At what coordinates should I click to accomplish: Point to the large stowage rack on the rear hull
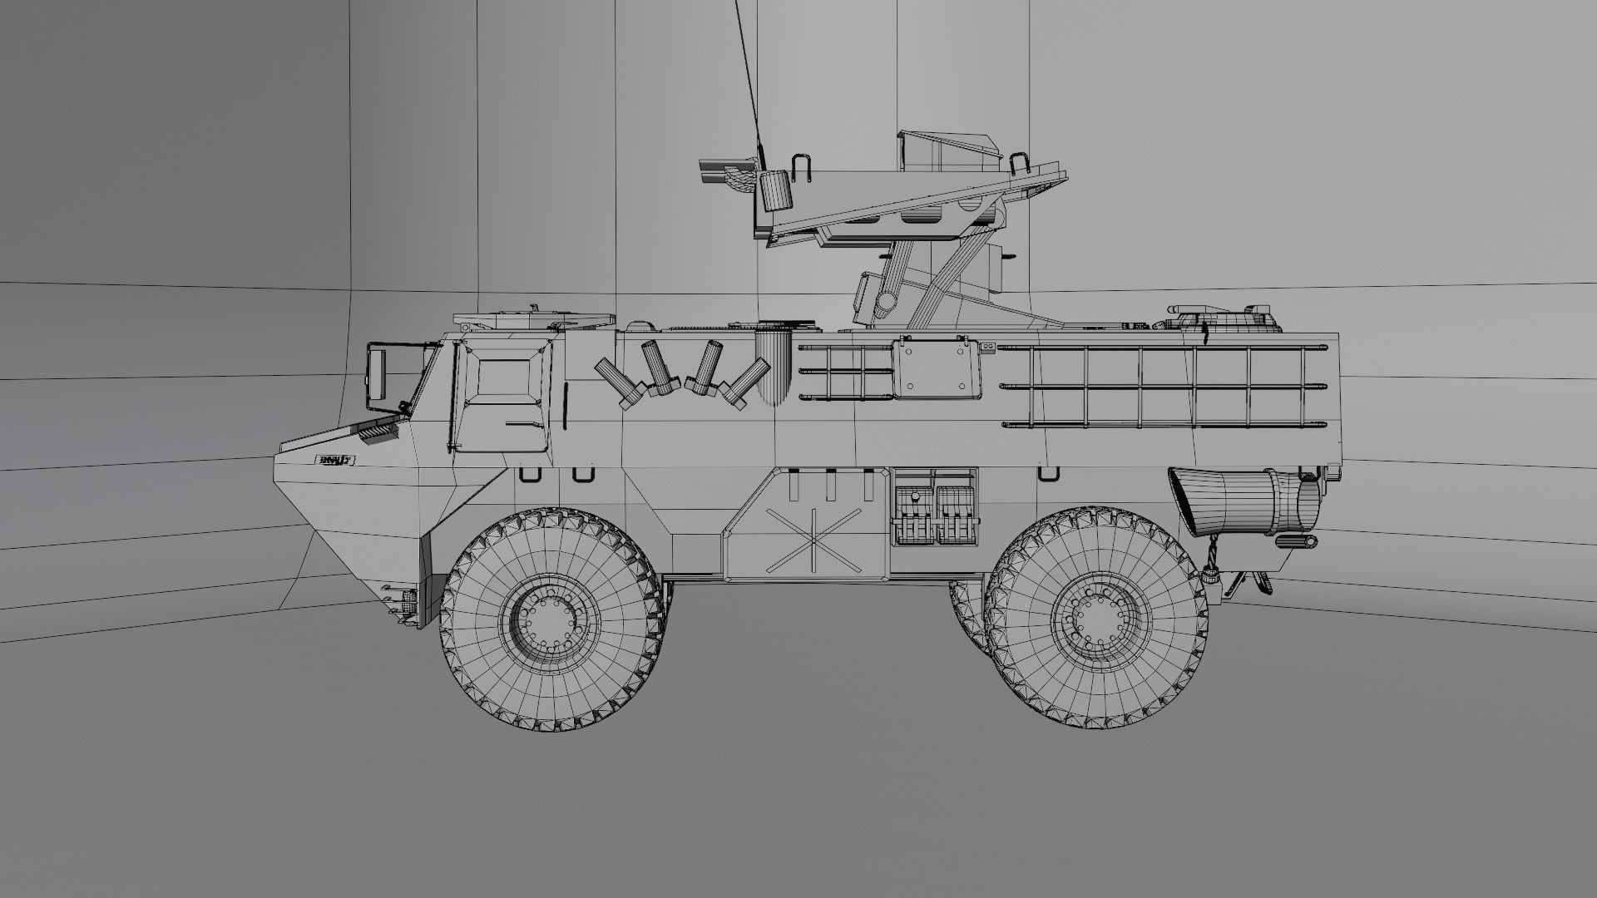(x=1164, y=386)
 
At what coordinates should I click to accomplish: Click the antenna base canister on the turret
(x=774, y=192)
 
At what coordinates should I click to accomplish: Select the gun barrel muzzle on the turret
(x=712, y=171)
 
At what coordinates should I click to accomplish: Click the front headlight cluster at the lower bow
(x=402, y=600)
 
